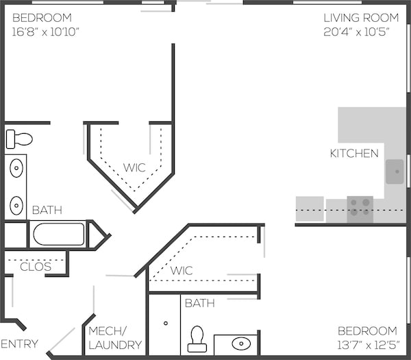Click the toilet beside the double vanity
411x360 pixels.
pos(19,139)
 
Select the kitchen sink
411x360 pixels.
pos(395,171)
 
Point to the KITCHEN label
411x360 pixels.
pos(354,154)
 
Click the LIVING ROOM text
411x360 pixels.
pos(361,18)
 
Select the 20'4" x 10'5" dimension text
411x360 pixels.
pos(356,32)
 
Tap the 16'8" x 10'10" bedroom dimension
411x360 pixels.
pos(46,32)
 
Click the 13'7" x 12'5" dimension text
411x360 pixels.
pos(369,345)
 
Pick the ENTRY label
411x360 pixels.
pos(19,344)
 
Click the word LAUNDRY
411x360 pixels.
pos(115,345)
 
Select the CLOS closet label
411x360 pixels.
pos(36,267)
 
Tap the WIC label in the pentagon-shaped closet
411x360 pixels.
pos(134,168)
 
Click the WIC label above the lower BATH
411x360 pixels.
pos(182,271)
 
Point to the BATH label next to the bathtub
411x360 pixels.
pos(47,210)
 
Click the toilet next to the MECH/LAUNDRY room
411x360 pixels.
pos(197,339)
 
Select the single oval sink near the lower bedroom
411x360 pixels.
pos(241,344)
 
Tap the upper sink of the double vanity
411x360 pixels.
pos(16,168)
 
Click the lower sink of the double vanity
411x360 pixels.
pos(16,206)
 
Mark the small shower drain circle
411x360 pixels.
pos(166,323)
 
